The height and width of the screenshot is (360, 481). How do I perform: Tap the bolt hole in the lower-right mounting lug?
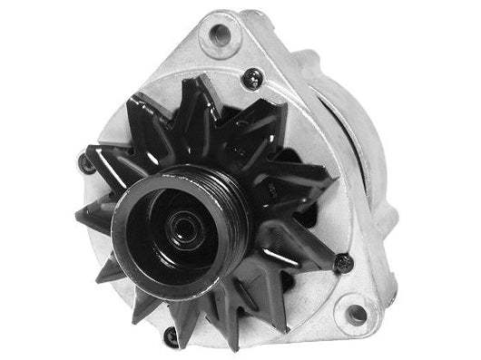point(356,314)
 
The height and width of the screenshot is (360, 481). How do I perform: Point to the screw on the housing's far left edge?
point(87,163)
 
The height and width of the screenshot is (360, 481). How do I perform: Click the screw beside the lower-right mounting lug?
point(342,263)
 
